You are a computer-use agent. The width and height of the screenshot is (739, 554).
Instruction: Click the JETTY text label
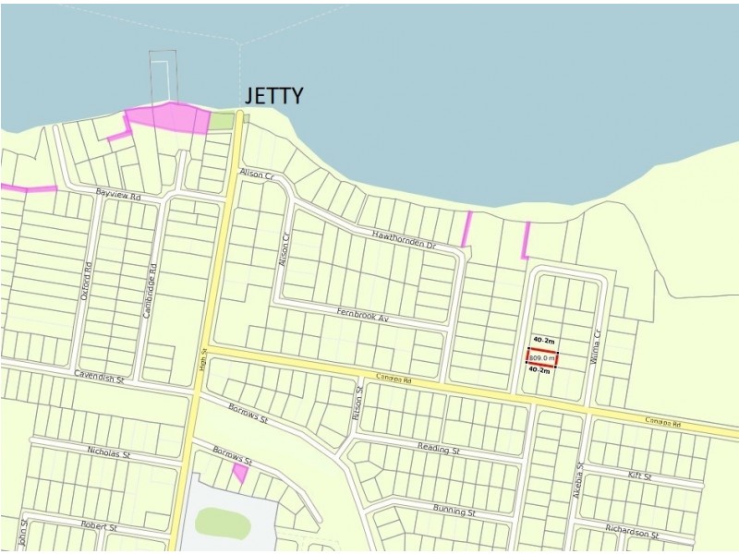273,95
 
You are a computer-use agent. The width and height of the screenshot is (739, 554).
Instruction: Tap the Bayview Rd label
118,196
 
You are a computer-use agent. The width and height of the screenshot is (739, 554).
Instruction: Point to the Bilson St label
357,402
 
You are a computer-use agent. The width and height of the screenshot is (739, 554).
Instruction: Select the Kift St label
640,476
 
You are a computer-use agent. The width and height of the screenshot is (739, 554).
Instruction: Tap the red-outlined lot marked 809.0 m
542,358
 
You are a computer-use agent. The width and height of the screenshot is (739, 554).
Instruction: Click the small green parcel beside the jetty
222,120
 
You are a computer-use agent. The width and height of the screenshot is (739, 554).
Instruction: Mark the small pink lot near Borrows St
240,473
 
